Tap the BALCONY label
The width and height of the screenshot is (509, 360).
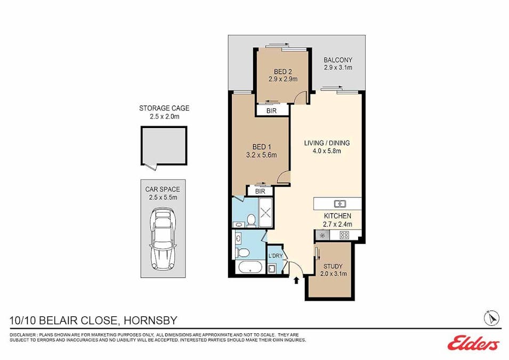338,60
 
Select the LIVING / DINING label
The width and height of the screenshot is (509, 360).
327,142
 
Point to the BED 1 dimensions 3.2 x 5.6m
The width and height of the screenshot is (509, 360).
262,155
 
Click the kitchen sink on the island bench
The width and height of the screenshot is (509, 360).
340,204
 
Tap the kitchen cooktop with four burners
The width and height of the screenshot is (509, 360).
344,235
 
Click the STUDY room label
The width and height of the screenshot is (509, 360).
333,266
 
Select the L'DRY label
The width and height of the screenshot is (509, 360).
276,255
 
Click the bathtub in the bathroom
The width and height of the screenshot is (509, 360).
251,268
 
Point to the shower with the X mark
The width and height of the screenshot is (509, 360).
266,212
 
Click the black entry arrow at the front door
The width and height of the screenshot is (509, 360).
296,280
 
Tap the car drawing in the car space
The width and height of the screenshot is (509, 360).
163,240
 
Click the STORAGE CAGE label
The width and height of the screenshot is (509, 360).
164,108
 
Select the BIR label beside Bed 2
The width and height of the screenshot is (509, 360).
272,111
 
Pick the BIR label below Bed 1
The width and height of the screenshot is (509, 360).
260,191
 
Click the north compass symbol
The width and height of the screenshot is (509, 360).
492,318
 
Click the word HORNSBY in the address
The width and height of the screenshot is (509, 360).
151,321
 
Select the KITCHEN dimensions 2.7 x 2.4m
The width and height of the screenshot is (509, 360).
337,224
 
